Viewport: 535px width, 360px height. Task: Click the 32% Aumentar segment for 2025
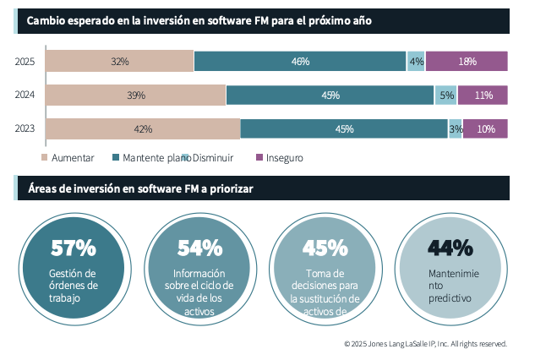[x=119, y=62]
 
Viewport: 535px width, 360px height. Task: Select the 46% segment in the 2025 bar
[x=300, y=62]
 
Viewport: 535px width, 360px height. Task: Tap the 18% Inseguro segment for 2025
[x=467, y=62]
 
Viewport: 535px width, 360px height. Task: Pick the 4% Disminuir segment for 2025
[x=416, y=62]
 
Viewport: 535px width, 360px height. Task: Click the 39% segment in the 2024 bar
[x=135, y=95]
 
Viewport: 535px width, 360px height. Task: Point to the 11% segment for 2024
[x=483, y=95]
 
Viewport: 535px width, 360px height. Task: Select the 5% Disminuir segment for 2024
[x=446, y=95]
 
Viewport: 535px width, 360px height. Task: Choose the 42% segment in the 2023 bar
[x=143, y=129]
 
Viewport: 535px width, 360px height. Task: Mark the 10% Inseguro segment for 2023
[x=486, y=129]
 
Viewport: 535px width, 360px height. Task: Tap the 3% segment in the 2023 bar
[x=456, y=129]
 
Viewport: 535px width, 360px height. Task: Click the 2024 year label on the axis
[x=25, y=95]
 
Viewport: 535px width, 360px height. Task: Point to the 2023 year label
[x=25, y=129]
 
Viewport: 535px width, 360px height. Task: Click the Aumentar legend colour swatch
[x=45, y=158]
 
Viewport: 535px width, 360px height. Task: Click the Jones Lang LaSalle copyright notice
[x=425, y=344]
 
